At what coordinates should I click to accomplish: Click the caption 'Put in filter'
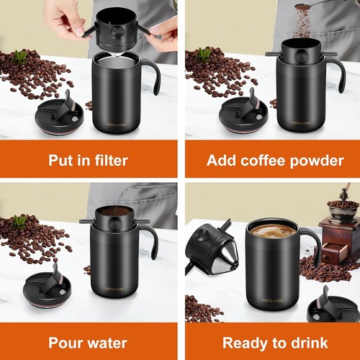88,160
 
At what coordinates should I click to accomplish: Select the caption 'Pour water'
88,343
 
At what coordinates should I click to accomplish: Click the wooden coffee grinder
338,230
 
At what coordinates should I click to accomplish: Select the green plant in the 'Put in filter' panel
20,56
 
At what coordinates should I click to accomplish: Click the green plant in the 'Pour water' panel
19,221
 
